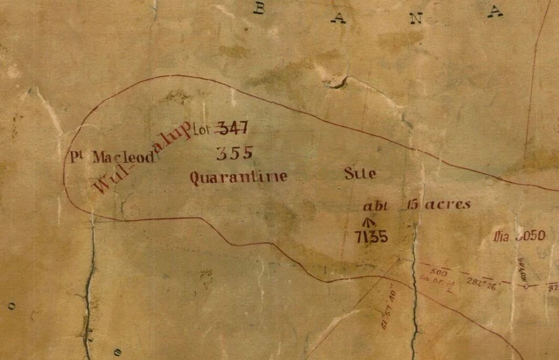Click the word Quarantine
238,177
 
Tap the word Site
360,173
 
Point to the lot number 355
235,153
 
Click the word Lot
202,128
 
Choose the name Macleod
124,157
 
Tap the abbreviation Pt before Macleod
78,157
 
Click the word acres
447,204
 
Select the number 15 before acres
412,205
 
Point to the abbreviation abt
375,206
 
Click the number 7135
371,238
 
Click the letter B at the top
259,8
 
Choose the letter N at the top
416,18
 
